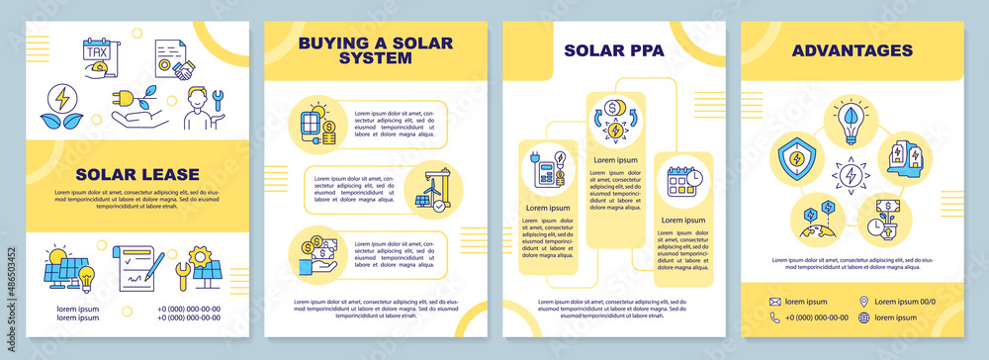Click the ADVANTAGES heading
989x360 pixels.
852,49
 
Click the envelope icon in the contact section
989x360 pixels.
775,301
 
